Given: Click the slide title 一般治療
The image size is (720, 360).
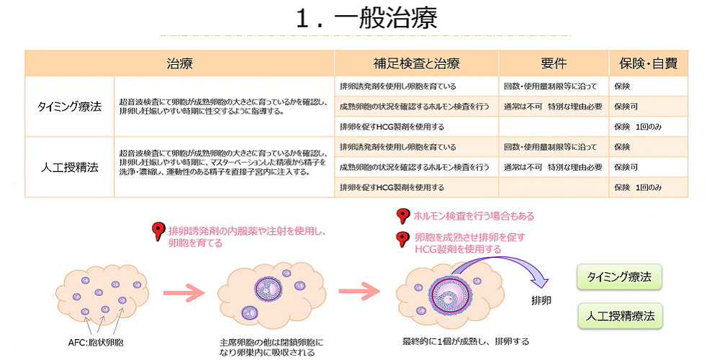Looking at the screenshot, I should (366, 19).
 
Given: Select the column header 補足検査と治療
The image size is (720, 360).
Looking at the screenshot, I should (416, 63).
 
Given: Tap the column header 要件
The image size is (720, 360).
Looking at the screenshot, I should (554, 63).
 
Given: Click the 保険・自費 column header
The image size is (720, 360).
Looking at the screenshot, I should (648, 63).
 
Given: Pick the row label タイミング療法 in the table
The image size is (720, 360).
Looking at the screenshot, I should (69, 107).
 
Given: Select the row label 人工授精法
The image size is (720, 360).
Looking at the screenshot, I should (69, 167).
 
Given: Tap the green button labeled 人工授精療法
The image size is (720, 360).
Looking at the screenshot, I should (619, 315).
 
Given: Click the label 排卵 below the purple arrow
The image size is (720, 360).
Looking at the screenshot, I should (541, 300).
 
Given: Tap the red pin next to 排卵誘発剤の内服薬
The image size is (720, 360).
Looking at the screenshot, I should (158, 232).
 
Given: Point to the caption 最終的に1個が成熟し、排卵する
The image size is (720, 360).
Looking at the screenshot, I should (466, 341).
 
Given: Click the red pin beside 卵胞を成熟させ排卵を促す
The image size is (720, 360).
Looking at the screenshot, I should (403, 238).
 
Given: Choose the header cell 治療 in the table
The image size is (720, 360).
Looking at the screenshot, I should (179, 63).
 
